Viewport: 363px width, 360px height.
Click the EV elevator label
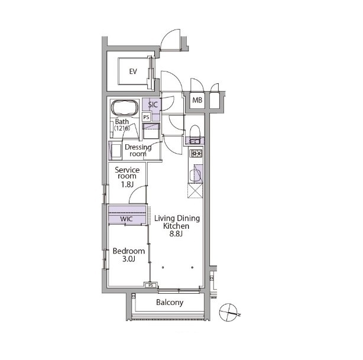point(133,72)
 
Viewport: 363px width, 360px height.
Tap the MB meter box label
point(197,100)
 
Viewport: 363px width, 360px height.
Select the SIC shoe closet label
point(153,105)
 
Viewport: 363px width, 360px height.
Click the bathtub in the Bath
point(125,108)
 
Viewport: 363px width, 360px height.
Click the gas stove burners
point(196,153)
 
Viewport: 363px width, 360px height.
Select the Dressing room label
point(138,150)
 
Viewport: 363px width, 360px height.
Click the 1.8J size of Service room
point(127,184)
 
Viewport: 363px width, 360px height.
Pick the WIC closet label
point(127,219)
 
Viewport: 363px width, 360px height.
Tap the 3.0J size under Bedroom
point(129,259)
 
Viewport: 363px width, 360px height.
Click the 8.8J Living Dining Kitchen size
point(176,233)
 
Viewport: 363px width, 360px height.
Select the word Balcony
point(170,302)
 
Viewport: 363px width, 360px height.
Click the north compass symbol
point(228,312)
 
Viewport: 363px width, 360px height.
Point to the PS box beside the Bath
point(146,117)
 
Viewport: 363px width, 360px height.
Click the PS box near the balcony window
point(151,286)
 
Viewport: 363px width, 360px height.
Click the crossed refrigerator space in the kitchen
point(195,190)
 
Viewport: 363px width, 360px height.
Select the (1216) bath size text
point(122,128)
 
